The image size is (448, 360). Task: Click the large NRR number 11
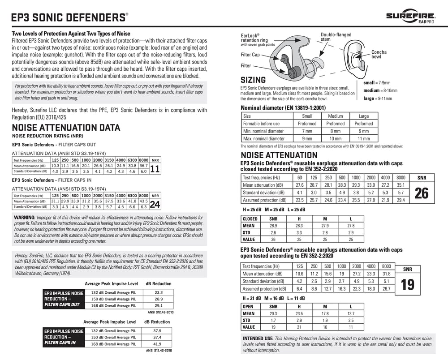pyautogui.click(x=155, y=168)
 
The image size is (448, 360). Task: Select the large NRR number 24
pyautogui.click(x=155, y=204)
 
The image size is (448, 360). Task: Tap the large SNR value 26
pyautogui.click(x=422, y=193)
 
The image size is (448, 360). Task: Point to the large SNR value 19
pyautogui.click(x=408, y=285)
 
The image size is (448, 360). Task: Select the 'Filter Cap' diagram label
pyautogui.click(x=250, y=55)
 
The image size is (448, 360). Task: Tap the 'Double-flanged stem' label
pyautogui.click(x=336, y=37)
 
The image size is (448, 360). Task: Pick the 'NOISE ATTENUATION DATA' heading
pyautogui.click(x=66, y=128)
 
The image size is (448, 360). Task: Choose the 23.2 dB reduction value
pyautogui.click(x=158, y=292)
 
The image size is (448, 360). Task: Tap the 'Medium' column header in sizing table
pyautogui.click(x=335, y=116)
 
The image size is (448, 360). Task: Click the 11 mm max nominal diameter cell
pyautogui.click(x=363, y=138)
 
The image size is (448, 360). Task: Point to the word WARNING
pyautogui.click(x=29, y=217)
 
